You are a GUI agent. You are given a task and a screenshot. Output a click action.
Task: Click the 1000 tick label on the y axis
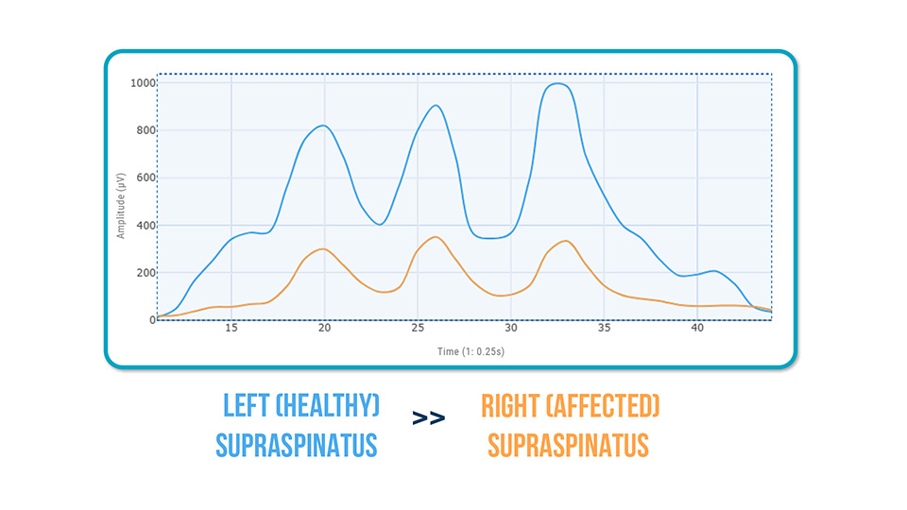[x=143, y=83]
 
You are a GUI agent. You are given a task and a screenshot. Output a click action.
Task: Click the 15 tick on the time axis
[x=231, y=330]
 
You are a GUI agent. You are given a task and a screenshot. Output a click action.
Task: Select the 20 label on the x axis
[x=324, y=330]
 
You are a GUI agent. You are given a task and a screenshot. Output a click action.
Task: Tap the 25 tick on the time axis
[x=418, y=330]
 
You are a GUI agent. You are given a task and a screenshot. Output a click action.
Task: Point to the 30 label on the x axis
[x=510, y=330]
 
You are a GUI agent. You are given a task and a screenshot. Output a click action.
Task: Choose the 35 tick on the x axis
[x=604, y=330]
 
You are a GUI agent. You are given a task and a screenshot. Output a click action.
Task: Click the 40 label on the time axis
[x=697, y=330]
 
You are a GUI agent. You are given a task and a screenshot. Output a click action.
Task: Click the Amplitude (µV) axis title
[x=121, y=201]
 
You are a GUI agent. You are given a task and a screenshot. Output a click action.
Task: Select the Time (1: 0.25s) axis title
[x=464, y=350]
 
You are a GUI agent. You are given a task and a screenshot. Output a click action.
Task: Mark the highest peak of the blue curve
[x=558, y=83]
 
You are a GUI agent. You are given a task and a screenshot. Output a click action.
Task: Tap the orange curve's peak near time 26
[x=435, y=237]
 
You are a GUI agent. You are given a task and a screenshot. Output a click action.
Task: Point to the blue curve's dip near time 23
[x=379, y=224]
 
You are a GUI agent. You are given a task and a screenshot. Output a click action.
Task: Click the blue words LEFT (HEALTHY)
[x=300, y=406]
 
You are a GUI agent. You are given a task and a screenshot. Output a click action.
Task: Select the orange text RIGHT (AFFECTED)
[x=570, y=406]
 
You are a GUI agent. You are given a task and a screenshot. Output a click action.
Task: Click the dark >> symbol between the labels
[x=428, y=418]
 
